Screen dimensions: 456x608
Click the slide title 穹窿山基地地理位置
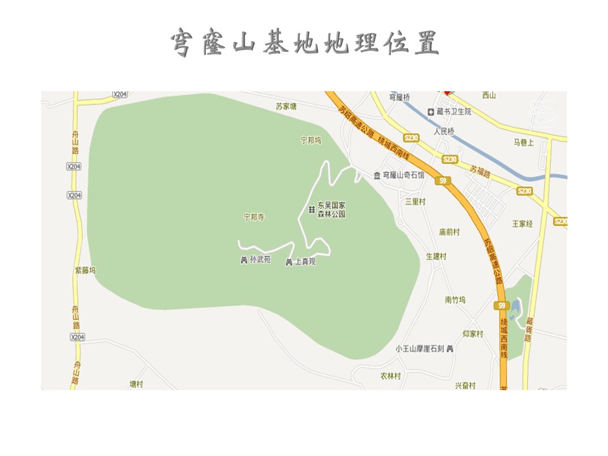(304, 42)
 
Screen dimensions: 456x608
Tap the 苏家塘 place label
(286, 106)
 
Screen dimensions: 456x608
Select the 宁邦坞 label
(311, 140)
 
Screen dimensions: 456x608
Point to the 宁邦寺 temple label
(253, 217)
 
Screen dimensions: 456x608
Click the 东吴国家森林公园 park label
(331, 210)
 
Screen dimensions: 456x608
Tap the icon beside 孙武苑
(244, 260)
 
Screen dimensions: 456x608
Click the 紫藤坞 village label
(85, 270)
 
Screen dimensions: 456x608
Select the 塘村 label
(136, 384)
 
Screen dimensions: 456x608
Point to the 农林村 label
(391, 376)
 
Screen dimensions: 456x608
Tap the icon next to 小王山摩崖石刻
(450, 349)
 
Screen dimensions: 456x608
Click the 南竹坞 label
(455, 300)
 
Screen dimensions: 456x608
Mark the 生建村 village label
(436, 256)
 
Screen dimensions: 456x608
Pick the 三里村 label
(415, 201)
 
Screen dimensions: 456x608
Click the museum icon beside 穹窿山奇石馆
(377, 175)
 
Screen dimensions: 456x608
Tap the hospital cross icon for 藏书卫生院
(431, 111)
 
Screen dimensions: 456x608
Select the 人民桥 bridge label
(444, 132)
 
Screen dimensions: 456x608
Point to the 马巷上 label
(524, 143)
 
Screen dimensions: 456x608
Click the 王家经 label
(522, 224)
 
